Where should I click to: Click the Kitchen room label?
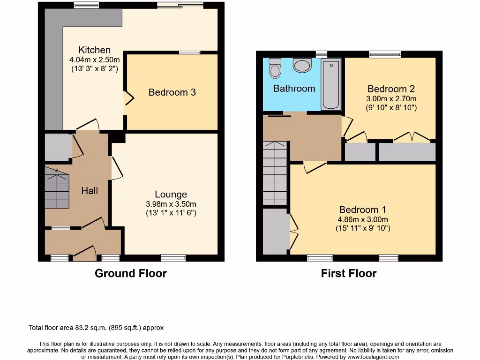click(x=95, y=50)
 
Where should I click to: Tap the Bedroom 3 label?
click(x=172, y=92)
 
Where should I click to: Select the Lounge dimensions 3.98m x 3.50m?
click(x=171, y=204)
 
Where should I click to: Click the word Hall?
click(x=90, y=190)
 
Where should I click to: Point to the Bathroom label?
click(x=294, y=88)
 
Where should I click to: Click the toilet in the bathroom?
click(x=275, y=69)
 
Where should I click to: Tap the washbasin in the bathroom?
click(x=302, y=65)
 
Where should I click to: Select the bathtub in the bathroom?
click(x=331, y=84)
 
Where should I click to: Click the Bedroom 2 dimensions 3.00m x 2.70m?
click(x=391, y=99)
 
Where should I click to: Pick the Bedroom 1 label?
click(x=363, y=210)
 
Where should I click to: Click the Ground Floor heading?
click(x=131, y=273)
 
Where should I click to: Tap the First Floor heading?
click(x=349, y=273)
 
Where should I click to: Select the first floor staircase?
click(x=275, y=173)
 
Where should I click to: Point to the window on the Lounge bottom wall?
click(x=173, y=257)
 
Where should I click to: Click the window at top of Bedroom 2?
click(x=384, y=54)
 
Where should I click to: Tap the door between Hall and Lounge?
click(x=116, y=168)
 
